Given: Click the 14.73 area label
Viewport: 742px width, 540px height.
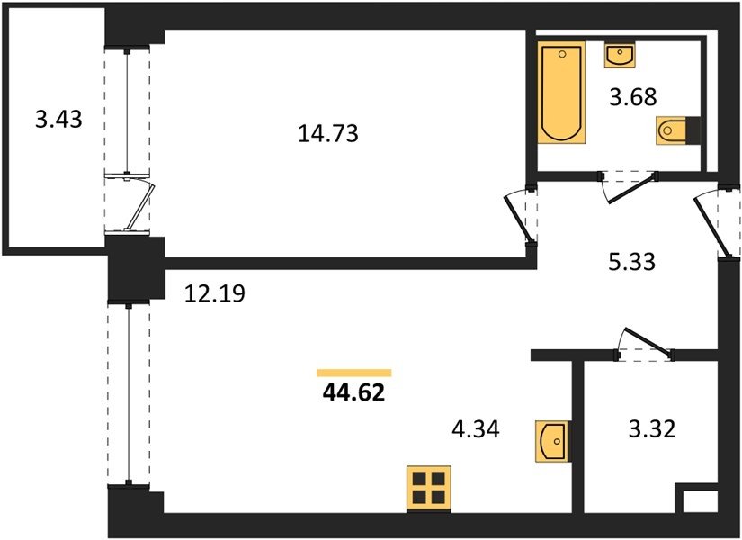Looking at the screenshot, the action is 328,133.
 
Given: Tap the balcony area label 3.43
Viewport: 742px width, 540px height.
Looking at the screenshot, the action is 58,119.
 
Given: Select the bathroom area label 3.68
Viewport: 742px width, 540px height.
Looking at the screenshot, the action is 632,97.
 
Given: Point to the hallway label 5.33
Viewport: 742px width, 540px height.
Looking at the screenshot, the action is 631,262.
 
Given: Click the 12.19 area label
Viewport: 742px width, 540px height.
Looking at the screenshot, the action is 214,293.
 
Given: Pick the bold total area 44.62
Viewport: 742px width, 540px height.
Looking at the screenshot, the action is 353,392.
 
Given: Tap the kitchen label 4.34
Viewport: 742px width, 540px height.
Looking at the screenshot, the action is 476,429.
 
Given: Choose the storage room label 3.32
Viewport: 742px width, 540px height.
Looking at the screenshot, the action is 652,429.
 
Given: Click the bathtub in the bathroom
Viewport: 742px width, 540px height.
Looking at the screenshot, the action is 562,93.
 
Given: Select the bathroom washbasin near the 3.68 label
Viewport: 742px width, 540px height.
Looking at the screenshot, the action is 620,55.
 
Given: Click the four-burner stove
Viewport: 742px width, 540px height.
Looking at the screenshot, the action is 429,489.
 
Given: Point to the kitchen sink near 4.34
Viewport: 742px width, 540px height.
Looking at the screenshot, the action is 553,440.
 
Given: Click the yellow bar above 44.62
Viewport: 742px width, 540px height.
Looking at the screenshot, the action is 354,373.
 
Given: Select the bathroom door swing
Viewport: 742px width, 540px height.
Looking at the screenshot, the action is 629,186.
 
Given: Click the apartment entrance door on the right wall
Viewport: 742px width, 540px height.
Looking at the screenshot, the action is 714,222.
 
